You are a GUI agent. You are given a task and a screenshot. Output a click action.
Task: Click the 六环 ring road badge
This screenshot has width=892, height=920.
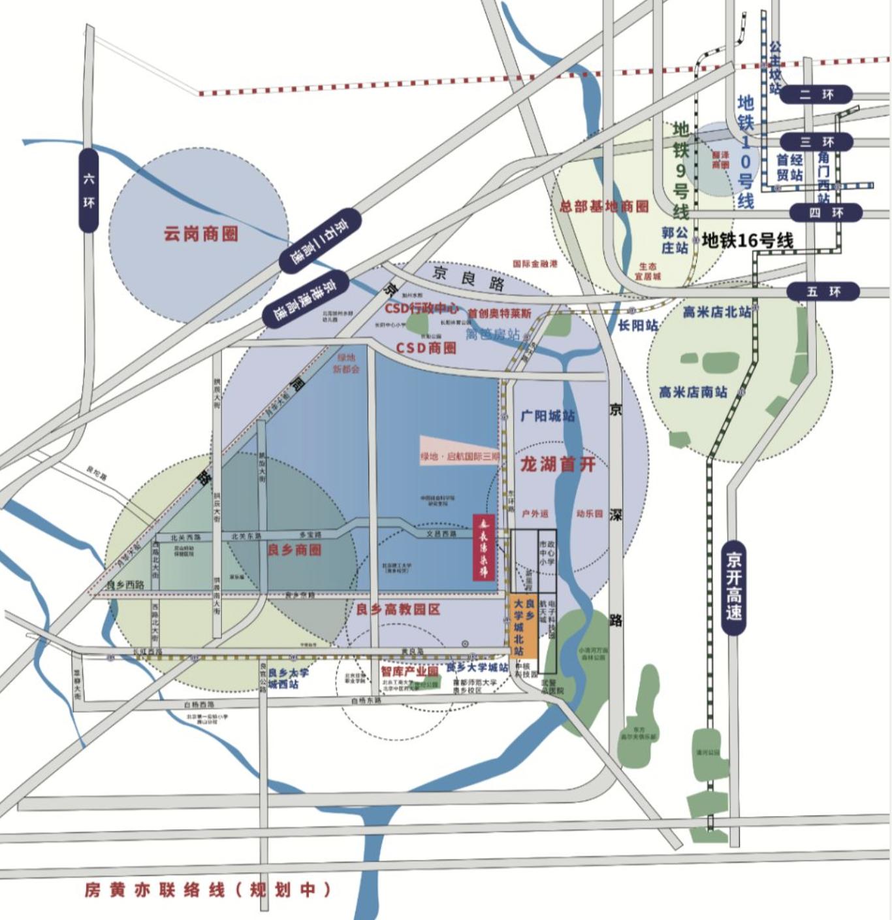click(x=89, y=190)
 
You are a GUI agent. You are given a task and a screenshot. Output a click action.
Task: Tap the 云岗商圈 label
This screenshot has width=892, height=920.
click(x=200, y=234)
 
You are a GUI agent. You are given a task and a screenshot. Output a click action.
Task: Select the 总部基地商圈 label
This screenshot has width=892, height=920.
click(x=604, y=206)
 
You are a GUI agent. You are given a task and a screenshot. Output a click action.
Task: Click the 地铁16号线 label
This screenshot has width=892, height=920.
click(x=748, y=241)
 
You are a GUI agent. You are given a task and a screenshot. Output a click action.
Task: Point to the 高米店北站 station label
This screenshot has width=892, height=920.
click(x=716, y=312)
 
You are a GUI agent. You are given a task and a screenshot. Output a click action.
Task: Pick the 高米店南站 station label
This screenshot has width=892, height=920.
click(x=692, y=392)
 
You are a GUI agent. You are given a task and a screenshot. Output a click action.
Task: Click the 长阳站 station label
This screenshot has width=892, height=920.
click(x=638, y=325)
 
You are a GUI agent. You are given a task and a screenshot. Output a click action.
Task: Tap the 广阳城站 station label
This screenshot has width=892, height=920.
click(x=547, y=416)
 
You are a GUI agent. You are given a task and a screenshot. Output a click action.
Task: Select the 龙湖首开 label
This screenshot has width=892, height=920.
click(x=558, y=465)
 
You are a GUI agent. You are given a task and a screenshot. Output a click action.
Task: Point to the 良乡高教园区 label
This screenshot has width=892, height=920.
click(x=398, y=610)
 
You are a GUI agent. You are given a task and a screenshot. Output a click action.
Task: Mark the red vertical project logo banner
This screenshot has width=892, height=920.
click(x=485, y=548)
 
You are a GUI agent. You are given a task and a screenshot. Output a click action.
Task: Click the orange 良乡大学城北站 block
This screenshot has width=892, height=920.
click(x=522, y=625)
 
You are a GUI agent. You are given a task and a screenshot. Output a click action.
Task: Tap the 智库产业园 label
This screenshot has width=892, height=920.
click(x=409, y=671)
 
